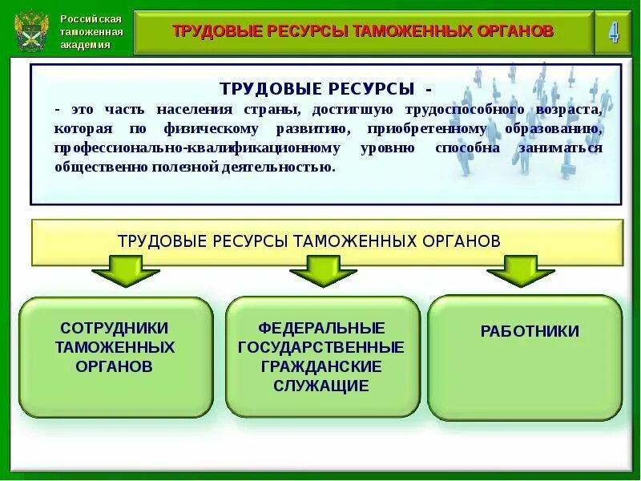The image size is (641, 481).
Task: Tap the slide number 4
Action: [x=614, y=32]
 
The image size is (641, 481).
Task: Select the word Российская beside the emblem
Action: [x=91, y=18]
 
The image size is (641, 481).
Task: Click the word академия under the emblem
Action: [x=86, y=45]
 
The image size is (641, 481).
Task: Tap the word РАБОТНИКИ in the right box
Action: [x=530, y=331]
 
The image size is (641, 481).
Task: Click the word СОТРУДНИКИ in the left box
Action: [x=115, y=328]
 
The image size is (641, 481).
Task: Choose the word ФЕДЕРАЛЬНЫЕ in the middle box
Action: [x=321, y=328]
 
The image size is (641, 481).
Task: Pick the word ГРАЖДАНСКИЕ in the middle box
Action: [x=321, y=366]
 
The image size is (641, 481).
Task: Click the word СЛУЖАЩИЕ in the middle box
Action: [x=321, y=386]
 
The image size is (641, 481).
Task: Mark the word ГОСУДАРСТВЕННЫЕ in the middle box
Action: [x=321, y=347]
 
